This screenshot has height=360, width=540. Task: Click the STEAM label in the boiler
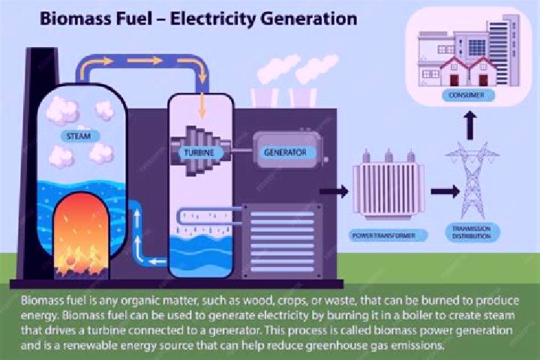(x=79, y=136)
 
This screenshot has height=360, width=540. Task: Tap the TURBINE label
(x=199, y=152)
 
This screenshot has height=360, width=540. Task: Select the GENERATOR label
(x=285, y=152)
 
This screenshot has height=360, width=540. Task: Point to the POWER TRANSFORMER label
(x=384, y=236)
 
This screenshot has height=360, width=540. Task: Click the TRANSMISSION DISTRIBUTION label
(x=471, y=232)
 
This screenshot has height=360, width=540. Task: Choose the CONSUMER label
(x=466, y=94)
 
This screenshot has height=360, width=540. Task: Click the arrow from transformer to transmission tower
(x=445, y=191)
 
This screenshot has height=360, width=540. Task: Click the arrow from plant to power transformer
(x=334, y=191)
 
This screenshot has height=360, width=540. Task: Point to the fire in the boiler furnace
(x=82, y=238)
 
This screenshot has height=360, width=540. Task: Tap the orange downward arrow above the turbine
(x=202, y=106)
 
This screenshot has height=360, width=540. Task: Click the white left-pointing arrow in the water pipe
(x=157, y=262)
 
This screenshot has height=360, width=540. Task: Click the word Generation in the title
(x=308, y=18)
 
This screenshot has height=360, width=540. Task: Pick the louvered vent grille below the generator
(x=282, y=241)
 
